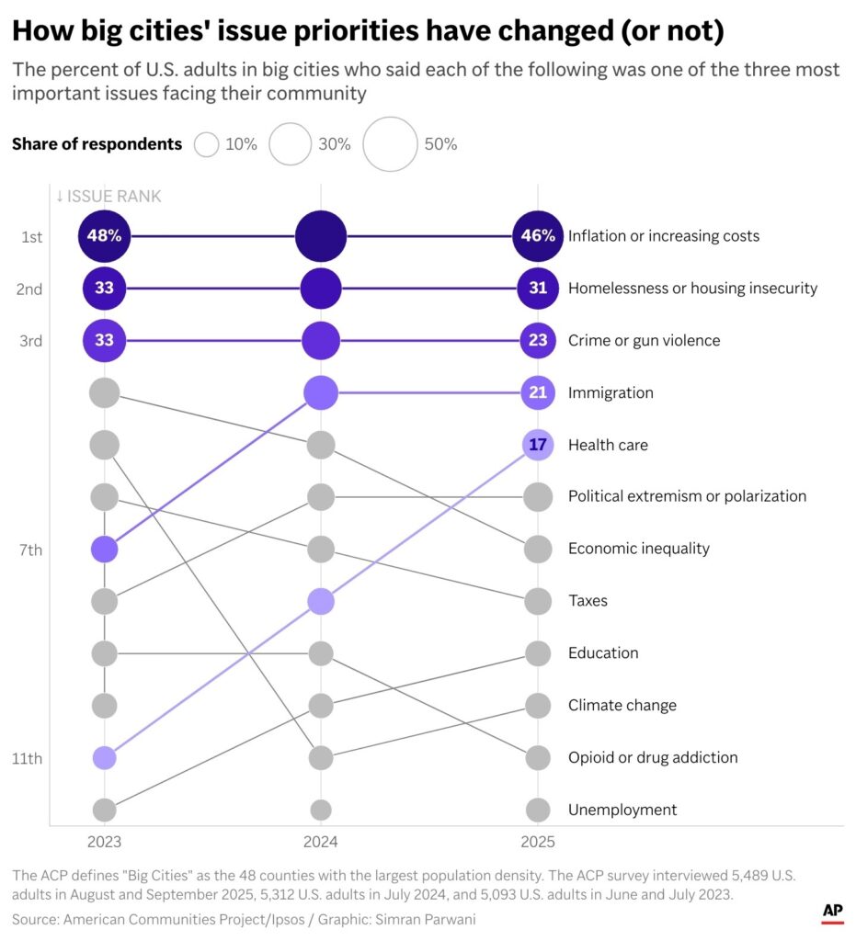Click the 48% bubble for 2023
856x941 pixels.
point(105,236)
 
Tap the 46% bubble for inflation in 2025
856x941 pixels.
point(538,236)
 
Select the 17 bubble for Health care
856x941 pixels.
point(538,445)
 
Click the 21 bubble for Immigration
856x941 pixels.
point(538,393)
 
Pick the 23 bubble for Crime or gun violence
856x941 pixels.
point(538,341)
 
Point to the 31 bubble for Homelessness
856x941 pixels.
point(538,289)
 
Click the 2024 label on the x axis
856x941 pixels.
point(321,842)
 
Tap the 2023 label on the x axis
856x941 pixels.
point(104,842)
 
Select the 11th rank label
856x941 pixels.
point(30,758)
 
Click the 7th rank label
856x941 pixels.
point(30,550)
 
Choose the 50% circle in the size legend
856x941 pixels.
point(391,144)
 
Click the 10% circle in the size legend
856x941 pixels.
point(207,144)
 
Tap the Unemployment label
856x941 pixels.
point(622,810)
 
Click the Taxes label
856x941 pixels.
point(588,601)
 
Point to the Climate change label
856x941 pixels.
point(622,706)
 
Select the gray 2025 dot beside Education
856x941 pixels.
point(538,653)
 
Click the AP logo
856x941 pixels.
point(832,911)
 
